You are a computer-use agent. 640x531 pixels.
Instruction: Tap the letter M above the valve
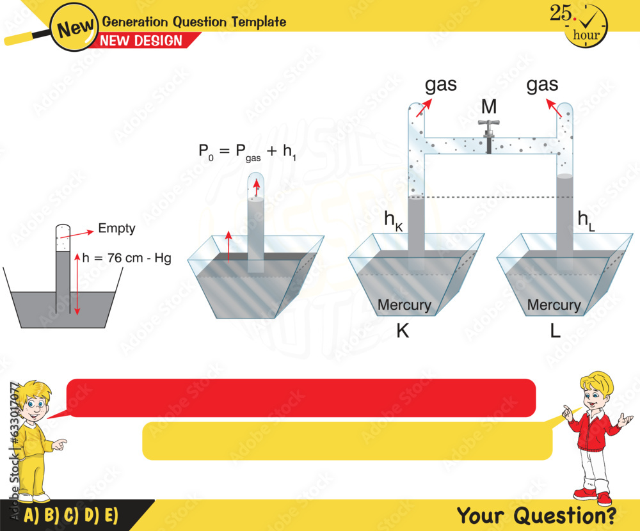[489, 106]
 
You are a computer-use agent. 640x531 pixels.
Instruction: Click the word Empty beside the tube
[116, 228]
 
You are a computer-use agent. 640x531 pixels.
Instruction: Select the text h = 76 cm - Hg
[131, 258]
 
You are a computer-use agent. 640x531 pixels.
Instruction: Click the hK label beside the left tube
[394, 219]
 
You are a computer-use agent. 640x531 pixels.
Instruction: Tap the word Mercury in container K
[404, 305]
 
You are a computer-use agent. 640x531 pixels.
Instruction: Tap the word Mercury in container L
[554, 305]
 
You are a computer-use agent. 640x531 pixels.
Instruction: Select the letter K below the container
[403, 331]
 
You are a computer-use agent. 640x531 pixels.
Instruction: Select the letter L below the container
[555, 331]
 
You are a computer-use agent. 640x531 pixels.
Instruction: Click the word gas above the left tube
[441, 84]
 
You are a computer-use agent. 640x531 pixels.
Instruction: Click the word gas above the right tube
[542, 84]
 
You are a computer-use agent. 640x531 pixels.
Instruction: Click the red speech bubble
[301, 398]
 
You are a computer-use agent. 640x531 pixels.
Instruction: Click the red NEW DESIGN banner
[141, 41]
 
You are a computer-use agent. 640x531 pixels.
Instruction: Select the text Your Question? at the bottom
[536, 514]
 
